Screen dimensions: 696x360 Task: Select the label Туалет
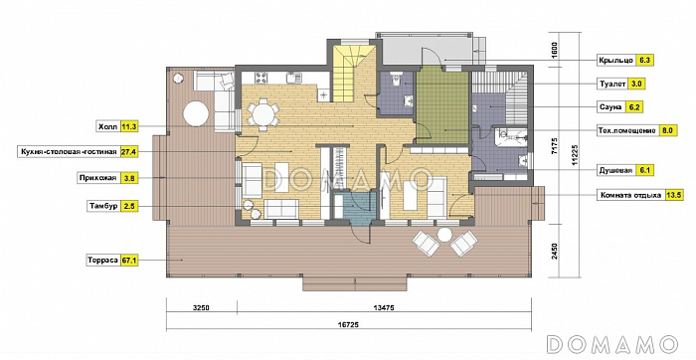pos(612,84)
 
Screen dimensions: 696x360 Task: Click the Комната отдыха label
pos(630,195)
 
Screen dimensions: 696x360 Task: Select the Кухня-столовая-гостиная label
pos(69,152)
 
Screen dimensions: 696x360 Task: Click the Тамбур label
pos(103,206)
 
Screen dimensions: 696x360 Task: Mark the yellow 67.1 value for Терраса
pos(129,261)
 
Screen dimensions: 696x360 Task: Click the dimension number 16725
pos(348,324)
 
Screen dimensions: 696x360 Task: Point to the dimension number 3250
pos(201,306)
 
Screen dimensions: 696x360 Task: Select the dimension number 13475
pos(384,306)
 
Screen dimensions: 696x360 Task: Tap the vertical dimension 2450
pos(558,252)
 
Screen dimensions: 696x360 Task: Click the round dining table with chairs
pos(262,115)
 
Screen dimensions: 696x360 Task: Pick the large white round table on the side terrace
pos(196,114)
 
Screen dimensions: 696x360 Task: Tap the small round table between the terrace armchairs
pos(444,235)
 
